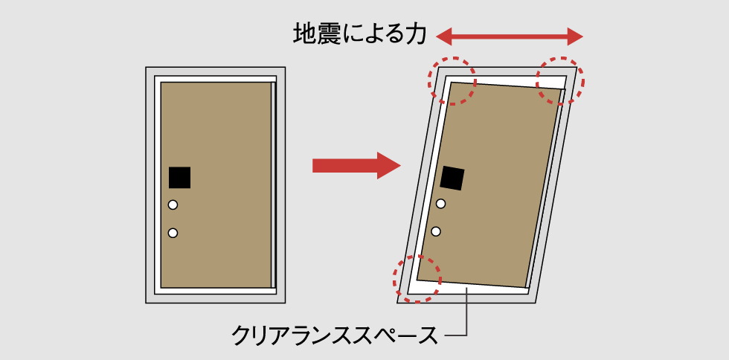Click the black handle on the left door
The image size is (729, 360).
tap(179, 178)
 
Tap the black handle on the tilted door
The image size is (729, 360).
tap(452, 178)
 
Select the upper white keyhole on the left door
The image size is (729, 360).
tap(173, 205)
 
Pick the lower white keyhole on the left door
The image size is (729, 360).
tap(173, 233)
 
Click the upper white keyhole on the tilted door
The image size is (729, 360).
tap(440, 203)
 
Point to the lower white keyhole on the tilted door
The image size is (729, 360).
tap(436, 231)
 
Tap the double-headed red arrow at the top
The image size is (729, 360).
tap(510, 36)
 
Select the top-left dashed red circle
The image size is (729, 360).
tap(452, 80)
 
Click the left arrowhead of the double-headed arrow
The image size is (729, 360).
tap(444, 36)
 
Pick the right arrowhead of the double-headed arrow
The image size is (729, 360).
tap(575, 36)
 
